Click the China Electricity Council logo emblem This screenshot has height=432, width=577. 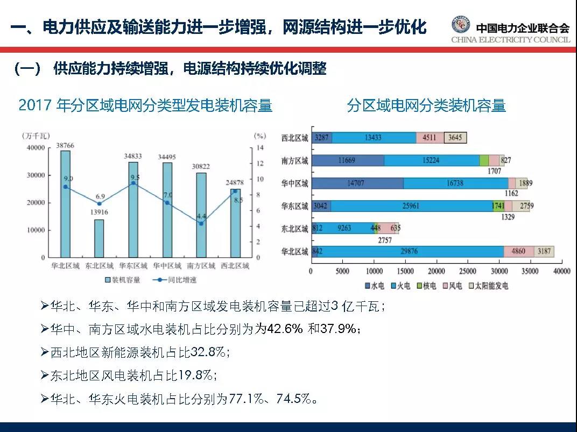(x=460, y=25)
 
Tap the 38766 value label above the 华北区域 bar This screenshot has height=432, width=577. (x=65, y=146)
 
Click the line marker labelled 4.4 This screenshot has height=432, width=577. (x=201, y=223)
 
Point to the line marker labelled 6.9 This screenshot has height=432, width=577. (x=99, y=203)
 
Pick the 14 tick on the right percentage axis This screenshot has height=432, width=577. (x=259, y=147)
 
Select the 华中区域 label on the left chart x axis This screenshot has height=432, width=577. (x=167, y=266)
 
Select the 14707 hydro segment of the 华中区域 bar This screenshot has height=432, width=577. (x=356, y=183)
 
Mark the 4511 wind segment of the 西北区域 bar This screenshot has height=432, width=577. (x=430, y=138)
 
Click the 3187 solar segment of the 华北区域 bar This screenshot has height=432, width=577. (x=544, y=251)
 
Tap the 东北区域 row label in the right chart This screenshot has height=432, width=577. (x=294, y=228)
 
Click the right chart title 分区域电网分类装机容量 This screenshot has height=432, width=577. (x=426, y=105)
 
